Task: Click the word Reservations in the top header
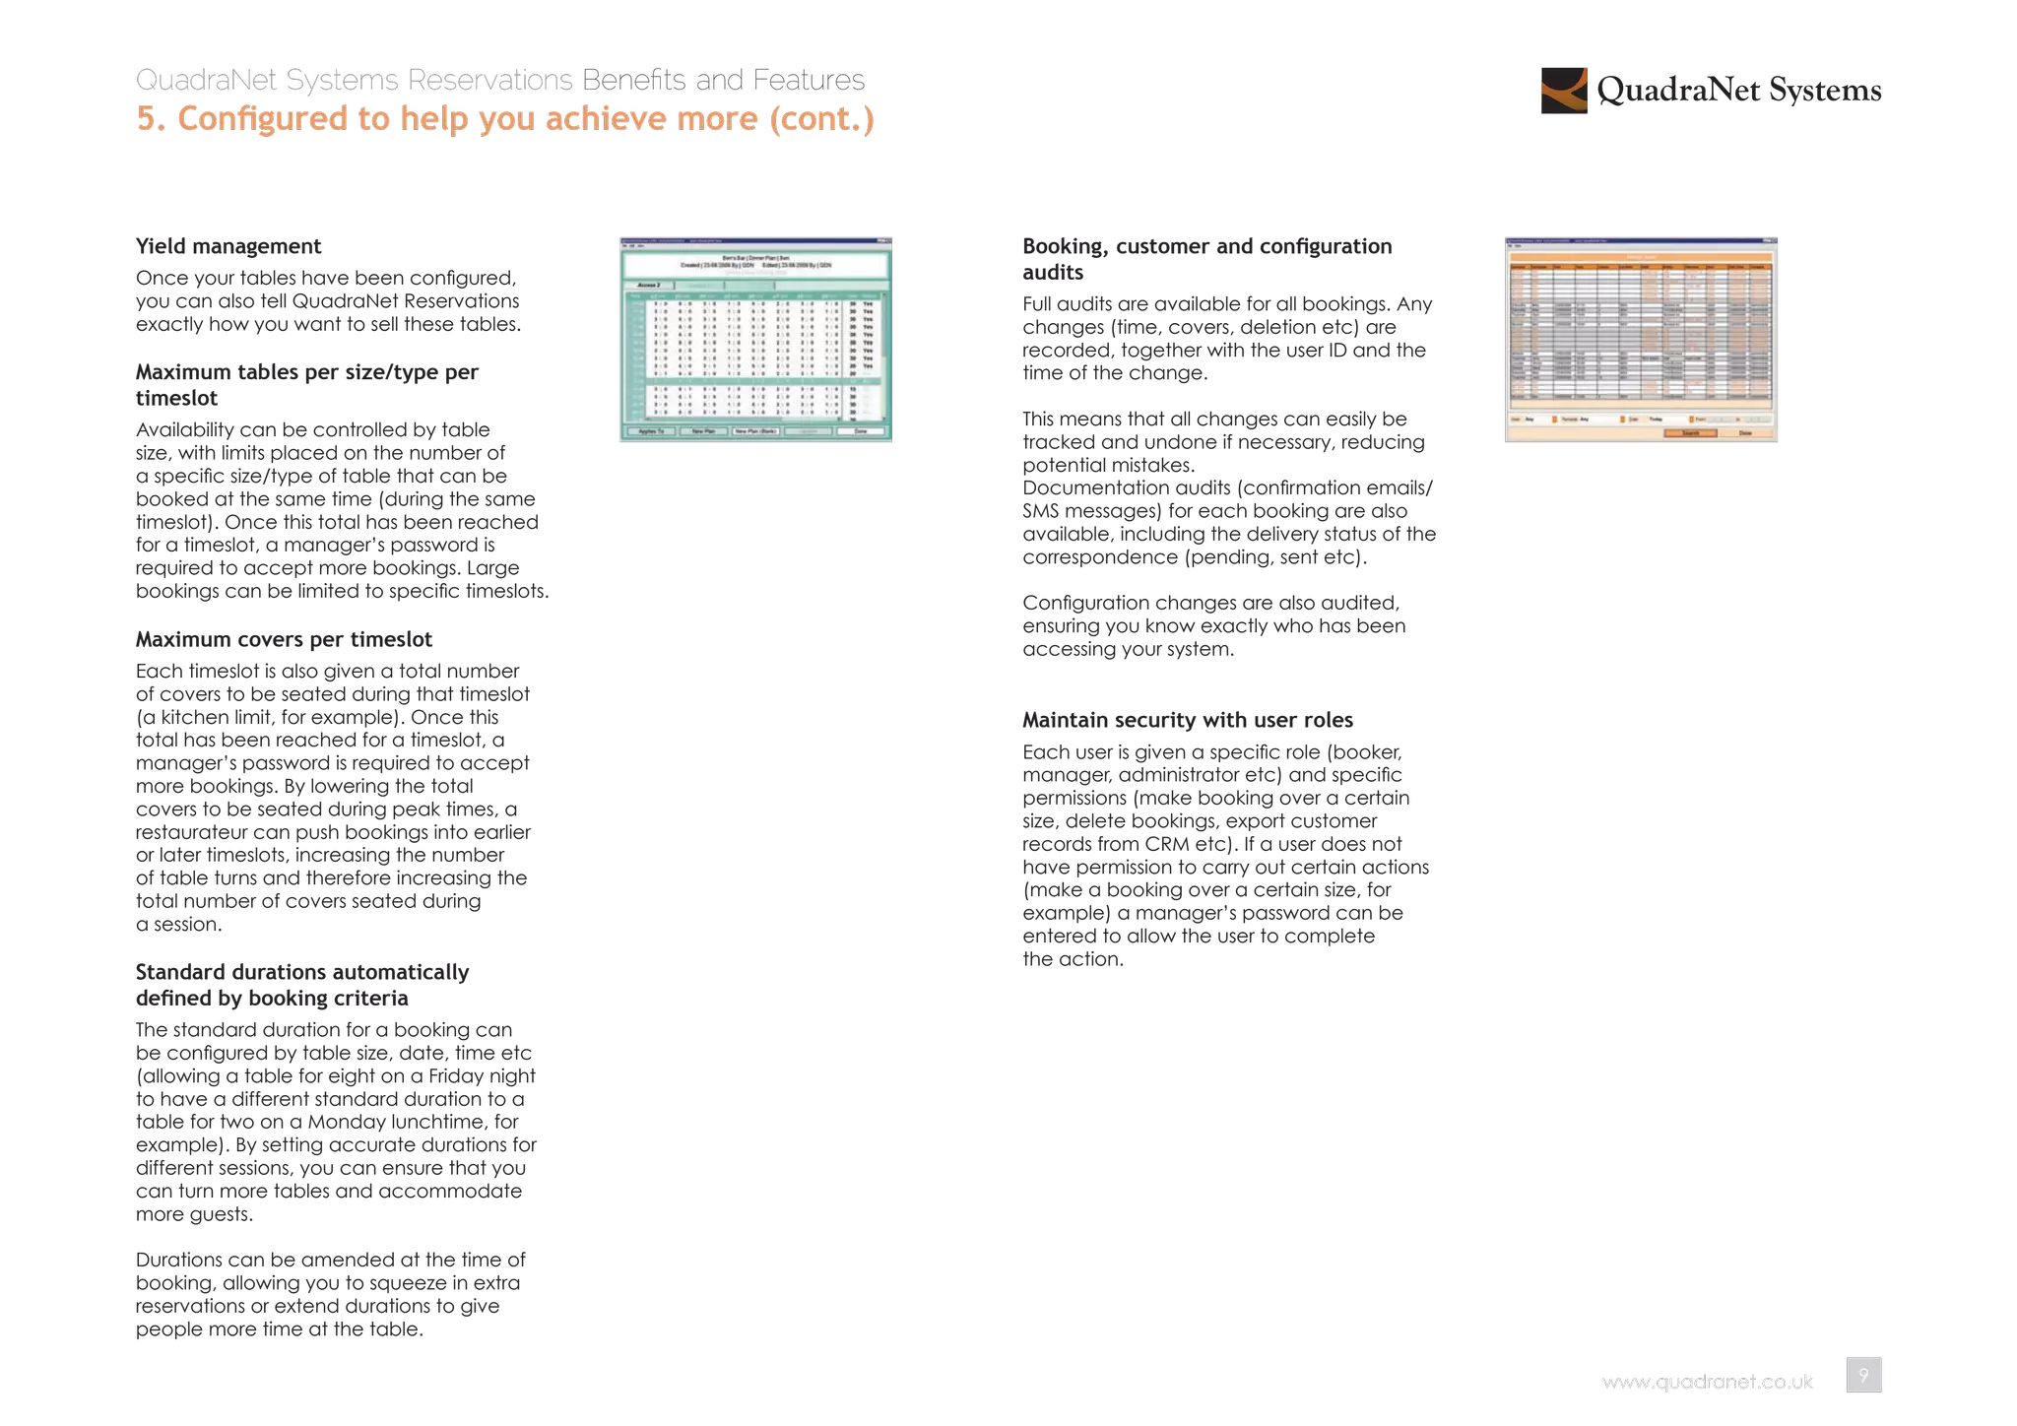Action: [x=490, y=80]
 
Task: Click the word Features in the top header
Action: [x=809, y=80]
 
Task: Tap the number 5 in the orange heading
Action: [x=146, y=119]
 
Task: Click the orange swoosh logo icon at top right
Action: [x=1564, y=91]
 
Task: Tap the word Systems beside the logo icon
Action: [x=1825, y=91]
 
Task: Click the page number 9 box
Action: [x=1862, y=1375]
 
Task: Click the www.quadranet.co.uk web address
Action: [x=1707, y=1383]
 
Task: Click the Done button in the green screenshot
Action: [x=860, y=431]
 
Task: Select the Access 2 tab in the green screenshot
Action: [x=648, y=285]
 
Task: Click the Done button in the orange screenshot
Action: [x=1745, y=433]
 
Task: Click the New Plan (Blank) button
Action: [x=756, y=431]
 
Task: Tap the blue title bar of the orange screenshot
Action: [x=1642, y=240]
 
